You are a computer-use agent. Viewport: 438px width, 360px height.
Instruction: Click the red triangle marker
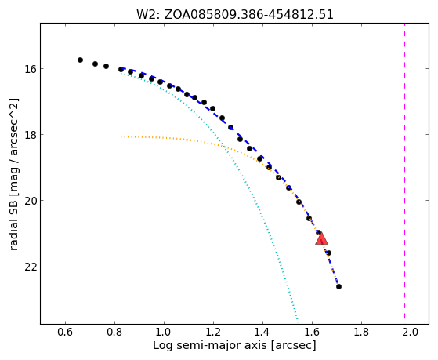(x=321, y=239)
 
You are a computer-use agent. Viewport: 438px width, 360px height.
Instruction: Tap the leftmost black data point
(x=80, y=60)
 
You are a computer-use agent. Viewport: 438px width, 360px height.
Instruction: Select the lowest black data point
(x=338, y=287)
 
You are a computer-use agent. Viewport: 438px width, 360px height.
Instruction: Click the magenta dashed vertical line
(x=404, y=173)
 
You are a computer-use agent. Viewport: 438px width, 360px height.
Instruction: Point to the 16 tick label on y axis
(x=31, y=69)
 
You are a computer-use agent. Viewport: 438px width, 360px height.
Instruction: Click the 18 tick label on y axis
(x=31, y=135)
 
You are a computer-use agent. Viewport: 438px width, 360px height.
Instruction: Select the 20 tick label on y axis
(x=31, y=201)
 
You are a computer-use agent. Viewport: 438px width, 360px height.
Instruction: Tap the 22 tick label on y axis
(x=31, y=267)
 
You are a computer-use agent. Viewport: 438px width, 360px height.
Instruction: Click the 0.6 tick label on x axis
(x=65, y=332)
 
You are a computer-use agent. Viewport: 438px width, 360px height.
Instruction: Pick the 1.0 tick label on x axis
(x=164, y=332)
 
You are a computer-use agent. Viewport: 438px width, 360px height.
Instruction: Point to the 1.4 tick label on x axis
(x=262, y=332)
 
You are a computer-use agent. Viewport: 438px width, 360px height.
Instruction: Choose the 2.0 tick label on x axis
(x=411, y=332)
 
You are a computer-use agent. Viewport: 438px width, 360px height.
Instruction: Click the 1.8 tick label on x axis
(x=361, y=332)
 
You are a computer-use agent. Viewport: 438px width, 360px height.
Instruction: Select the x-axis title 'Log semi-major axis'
(x=234, y=346)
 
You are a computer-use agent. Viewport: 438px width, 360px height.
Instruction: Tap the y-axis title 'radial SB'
(x=13, y=175)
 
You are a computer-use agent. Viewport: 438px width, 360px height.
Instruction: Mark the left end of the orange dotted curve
(x=121, y=136)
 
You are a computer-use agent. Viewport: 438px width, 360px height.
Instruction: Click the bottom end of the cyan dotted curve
(x=298, y=322)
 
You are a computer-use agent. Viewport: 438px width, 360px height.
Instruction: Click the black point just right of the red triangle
(x=329, y=253)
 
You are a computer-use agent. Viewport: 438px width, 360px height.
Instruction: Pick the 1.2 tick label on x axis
(x=213, y=332)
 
